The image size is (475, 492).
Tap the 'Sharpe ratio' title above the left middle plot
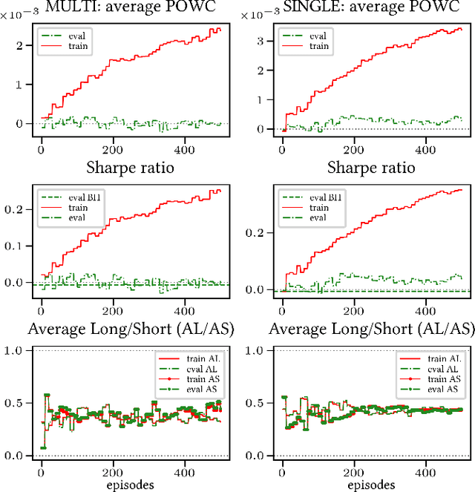131,167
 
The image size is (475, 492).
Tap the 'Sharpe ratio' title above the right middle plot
372,167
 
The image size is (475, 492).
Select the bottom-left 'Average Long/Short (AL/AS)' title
131,329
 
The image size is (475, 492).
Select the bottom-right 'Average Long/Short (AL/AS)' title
372,329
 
